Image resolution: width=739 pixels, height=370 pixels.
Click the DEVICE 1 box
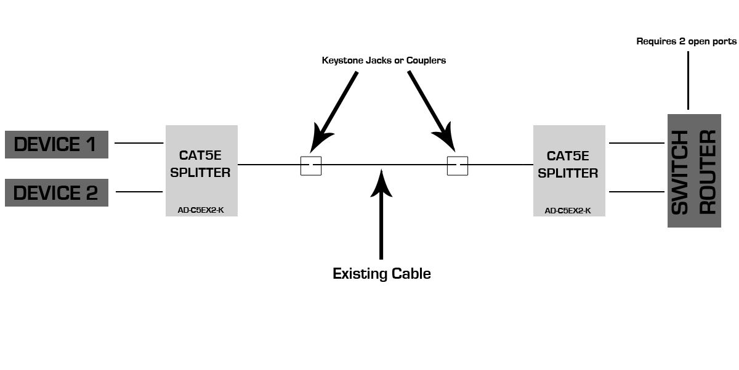57,144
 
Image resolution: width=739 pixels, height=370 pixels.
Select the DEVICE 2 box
57,192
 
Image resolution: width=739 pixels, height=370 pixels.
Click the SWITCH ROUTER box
694,171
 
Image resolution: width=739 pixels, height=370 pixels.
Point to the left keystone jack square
311,166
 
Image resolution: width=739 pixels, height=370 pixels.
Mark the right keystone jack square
457,166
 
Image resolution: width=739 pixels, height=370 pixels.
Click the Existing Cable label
381,273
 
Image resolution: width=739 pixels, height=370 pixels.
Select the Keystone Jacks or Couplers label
384,60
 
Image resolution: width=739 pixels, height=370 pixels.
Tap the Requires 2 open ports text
686,41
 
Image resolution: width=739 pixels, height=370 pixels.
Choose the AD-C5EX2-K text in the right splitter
568,210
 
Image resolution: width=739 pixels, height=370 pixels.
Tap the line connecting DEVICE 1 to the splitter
139,143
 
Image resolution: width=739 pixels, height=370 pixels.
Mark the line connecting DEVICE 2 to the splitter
139,192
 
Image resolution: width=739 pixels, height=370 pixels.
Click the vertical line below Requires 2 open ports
688,80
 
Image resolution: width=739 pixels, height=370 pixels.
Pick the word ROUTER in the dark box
709,171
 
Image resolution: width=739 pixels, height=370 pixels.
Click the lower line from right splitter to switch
637,192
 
